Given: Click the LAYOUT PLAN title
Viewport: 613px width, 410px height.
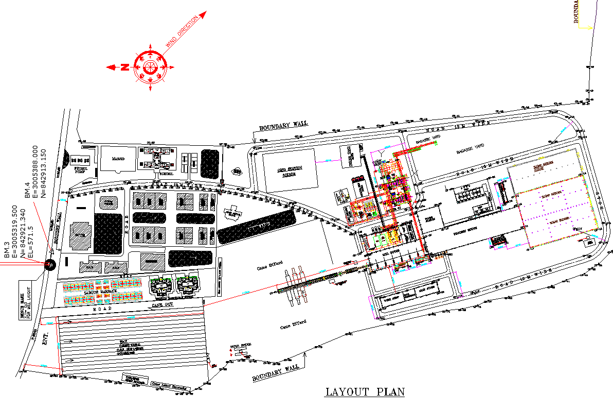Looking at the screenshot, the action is coord(365,392).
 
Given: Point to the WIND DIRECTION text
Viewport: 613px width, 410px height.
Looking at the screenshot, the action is coord(182,32).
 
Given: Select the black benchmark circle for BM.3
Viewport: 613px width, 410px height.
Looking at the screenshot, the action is coord(50,265).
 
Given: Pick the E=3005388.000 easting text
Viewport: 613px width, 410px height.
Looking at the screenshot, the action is coord(35,172).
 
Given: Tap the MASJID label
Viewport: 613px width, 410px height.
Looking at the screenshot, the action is coord(118,159).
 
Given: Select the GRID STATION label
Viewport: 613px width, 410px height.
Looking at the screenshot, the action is coord(290,172).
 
